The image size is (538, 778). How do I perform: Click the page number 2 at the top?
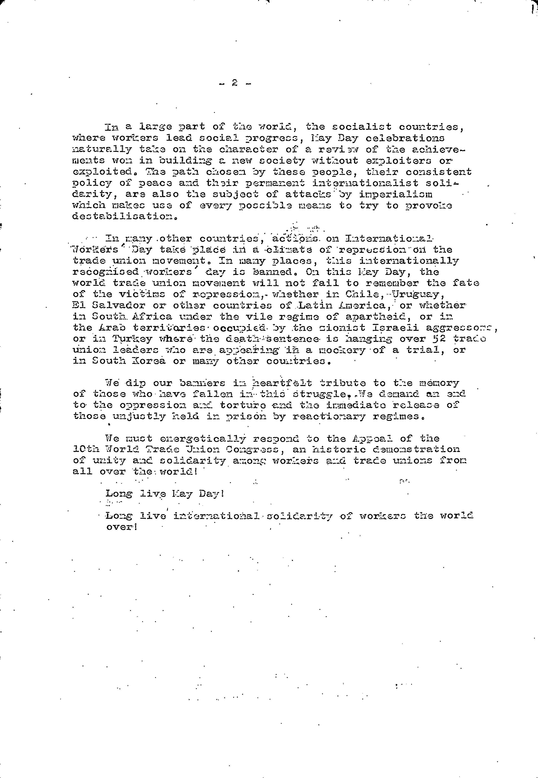(x=235, y=83)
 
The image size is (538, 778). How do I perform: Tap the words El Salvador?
(x=109, y=305)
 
